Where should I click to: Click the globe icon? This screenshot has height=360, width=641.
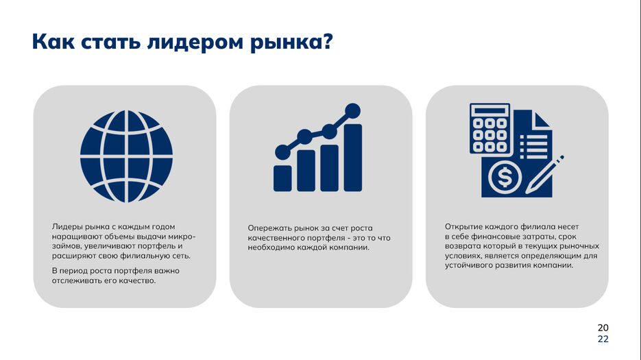coord(126,156)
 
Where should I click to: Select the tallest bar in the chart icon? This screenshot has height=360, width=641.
coord(353,158)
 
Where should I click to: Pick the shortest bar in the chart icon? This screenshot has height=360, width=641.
coord(282,178)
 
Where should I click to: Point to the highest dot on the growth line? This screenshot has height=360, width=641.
coord(352,111)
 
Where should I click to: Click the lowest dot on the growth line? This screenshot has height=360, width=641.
coord(282,152)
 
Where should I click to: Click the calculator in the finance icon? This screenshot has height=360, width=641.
coord(489,128)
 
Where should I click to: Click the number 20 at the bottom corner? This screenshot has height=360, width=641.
coord(603,328)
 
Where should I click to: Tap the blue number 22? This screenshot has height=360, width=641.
coord(603,339)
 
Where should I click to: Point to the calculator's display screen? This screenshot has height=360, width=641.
coord(489,111)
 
